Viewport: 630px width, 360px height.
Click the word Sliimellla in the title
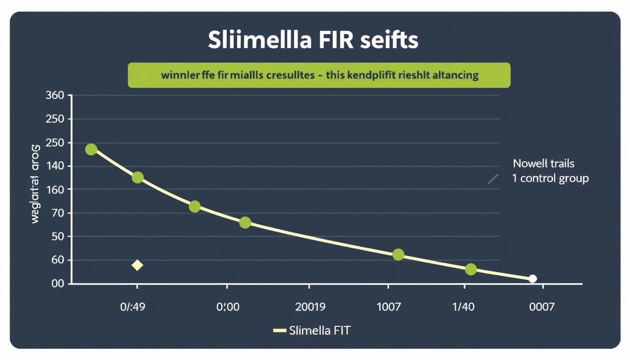click(259, 41)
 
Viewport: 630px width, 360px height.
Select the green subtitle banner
click(319, 75)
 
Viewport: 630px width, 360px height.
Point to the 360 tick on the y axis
click(54, 96)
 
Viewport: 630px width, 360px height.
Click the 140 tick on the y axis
click(54, 166)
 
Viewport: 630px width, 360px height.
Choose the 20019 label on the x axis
click(310, 307)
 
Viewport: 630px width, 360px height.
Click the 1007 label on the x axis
click(389, 307)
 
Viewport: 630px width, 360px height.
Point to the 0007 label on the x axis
click(541, 307)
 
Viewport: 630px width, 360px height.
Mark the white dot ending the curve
click(532, 279)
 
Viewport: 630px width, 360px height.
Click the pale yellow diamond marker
click(137, 265)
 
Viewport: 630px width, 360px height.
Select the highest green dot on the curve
click(91, 150)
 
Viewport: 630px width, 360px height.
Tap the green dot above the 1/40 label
click(471, 269)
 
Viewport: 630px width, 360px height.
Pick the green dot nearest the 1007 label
click(398, 255)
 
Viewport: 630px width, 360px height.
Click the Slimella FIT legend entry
click(312, 330)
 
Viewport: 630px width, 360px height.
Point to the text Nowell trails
click(544, 164)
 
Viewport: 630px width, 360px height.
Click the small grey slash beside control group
click(493, 179)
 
